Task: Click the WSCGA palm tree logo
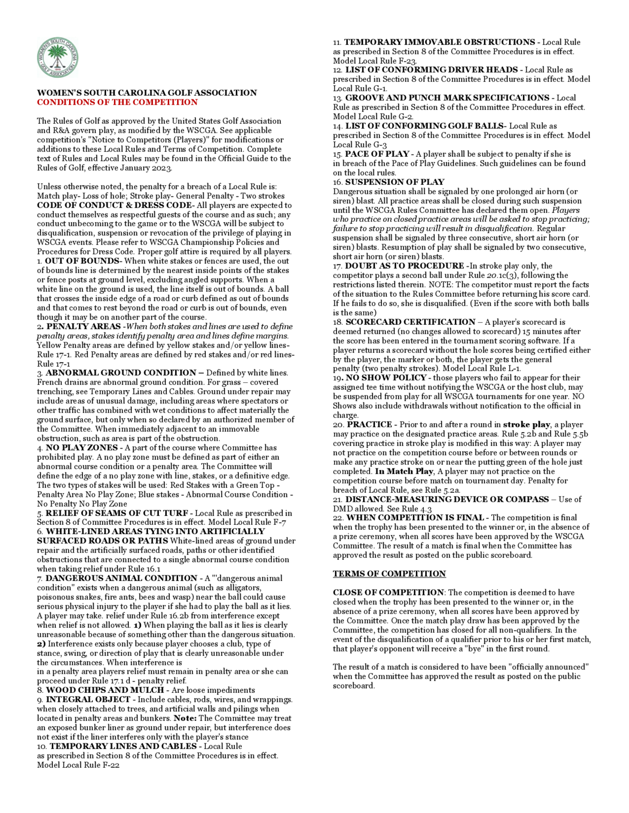[x=57, y=58]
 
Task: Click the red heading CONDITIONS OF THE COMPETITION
[x=117, y=102]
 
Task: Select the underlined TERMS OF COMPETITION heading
[x=389, y=574]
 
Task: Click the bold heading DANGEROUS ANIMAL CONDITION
[x=121, y=578]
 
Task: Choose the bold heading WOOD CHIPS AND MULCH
[x=105, y=690]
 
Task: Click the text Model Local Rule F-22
[x=78, y=765]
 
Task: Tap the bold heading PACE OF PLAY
[x=377, y=154]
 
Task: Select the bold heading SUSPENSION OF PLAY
[x=395, y=182]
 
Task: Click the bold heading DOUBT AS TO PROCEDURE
[x=404, y=266]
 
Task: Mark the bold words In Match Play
[x=404, y=471]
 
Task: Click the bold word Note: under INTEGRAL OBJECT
[x=185, y=718]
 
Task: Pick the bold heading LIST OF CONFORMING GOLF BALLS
[x=424, y=126]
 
